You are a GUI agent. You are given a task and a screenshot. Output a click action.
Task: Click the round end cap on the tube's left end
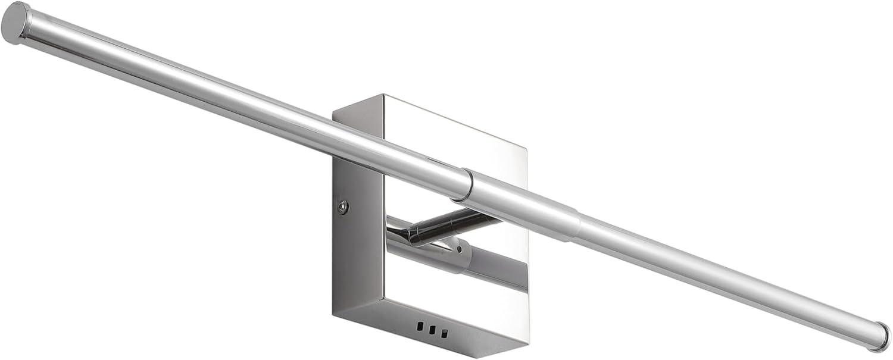[15, 23]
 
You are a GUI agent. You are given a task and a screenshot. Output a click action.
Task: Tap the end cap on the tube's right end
[882, 336]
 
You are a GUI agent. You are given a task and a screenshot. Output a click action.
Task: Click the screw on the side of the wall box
[342, 206]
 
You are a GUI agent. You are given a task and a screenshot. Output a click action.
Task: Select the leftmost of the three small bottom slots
[421, 327]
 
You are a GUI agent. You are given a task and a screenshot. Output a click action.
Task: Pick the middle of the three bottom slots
[431, 330]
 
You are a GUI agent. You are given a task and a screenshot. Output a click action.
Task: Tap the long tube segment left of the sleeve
[238, 104]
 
